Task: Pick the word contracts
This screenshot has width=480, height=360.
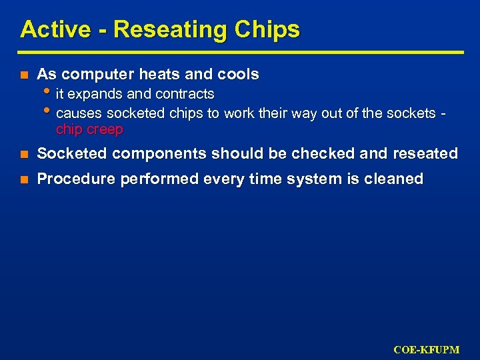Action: (184, 93)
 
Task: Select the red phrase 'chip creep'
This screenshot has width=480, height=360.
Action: (89, 129)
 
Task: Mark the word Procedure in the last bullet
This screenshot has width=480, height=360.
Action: (71, 179)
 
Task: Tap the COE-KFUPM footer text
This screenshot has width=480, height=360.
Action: (426, 349)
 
